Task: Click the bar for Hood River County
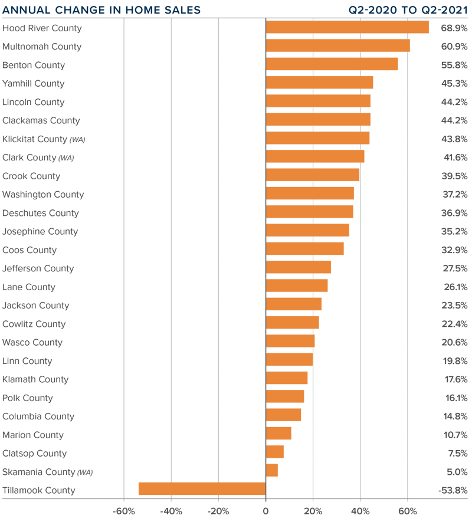pos(347,28)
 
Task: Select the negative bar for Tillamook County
pos(202,489)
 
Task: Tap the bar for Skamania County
pos(271,471)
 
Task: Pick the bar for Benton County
pos(332,64)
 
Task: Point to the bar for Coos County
pos(304,249)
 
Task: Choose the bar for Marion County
pos(278,434)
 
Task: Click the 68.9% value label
pos(454,28)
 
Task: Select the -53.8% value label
pos(453,490)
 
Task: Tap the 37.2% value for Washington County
pos(455,194)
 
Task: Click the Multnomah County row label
pos(42,47)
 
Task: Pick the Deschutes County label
pos(40,213)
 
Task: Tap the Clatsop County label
pos(34,453)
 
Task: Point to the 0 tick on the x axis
pos(265,511)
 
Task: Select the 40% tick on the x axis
pos(360,511)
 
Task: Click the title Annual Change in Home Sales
pos(101,10)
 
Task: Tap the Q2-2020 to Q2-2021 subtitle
pos(408,10)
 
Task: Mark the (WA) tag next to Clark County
pos(66,158)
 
